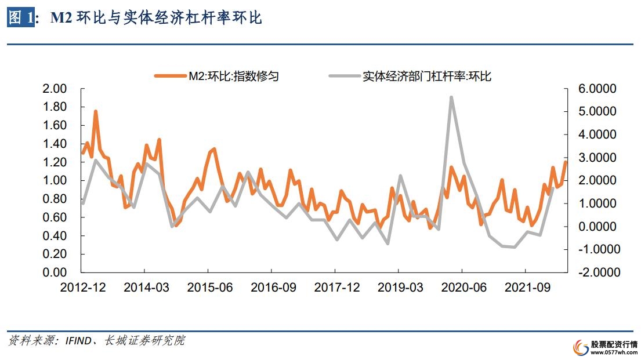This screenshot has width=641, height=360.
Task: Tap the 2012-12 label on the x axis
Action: click(x=82, y=287)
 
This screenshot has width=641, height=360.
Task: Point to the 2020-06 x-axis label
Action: click(x=462, y=287)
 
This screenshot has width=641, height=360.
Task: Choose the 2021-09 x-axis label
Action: click(x=525, y=287)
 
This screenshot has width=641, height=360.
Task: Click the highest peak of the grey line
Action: click(x=451, y=97)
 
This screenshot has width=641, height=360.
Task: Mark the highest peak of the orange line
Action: click(x=95, y=111)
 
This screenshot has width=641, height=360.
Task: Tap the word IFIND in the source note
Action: click(x=78, y=341)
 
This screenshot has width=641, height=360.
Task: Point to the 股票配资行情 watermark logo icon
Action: click(x=580, y=346)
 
